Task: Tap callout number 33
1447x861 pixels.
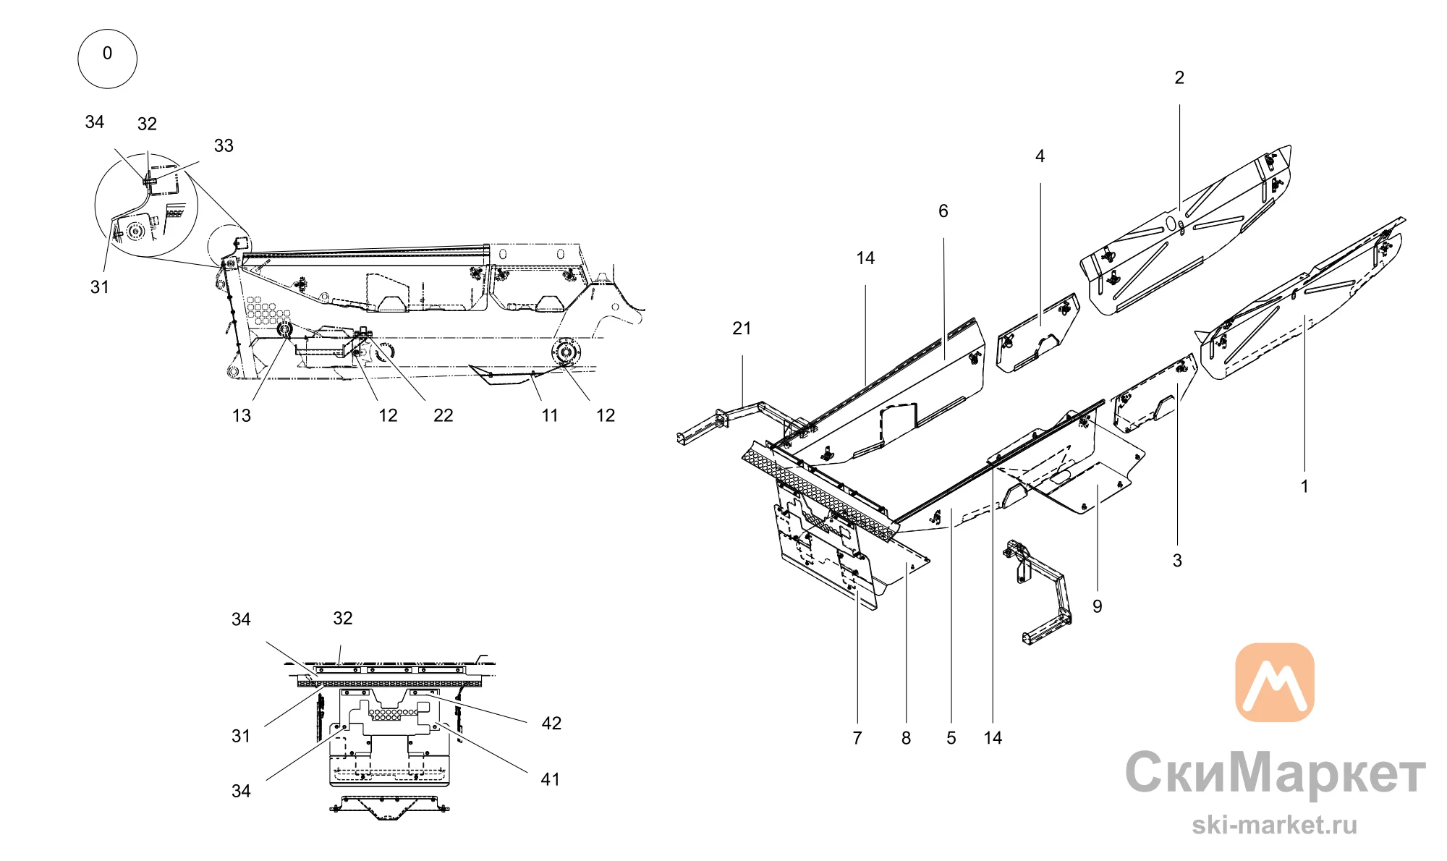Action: click(x=224, y=145)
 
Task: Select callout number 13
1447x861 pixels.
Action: click(x=241, y=415)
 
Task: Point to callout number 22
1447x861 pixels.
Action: click(x=443, y=415)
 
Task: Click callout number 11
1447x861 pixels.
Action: click(x=550, y=415)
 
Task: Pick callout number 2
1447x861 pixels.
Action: click(x=1179, y=77)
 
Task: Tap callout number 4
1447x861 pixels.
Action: click(x=1040, y=156)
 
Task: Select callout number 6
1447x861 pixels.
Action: click(x=943, y=211)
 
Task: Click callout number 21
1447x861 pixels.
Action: click(x=742, y=328)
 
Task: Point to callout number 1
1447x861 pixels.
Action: click(x=1304, y=486)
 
